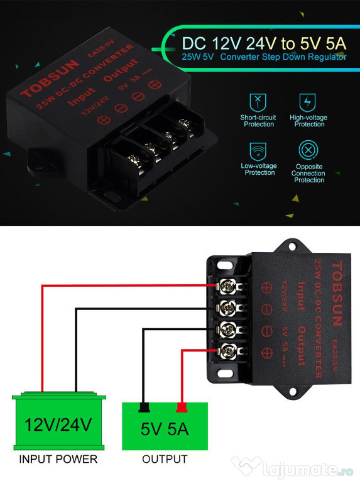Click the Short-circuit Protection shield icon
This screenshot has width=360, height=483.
click(x=258, y=103)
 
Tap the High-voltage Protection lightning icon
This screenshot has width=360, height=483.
click(x=307, y=103)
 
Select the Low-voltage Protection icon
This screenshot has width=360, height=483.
click(x=258, y=151)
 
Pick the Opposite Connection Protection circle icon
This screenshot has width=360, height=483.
click(x=308, y=150)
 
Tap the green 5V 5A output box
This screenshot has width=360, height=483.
click(x=165, y=426)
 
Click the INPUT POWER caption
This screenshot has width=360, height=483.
click(x=58, y=459)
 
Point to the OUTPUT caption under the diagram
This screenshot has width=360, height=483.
click(x=165, y=459)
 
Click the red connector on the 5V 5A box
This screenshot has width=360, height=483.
click(x=182, y=408)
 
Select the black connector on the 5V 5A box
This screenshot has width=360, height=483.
click(x=144, y=408)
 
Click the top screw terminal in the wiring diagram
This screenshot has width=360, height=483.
click(x=229, y=287)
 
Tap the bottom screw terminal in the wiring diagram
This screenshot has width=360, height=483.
click(x=229, y=351)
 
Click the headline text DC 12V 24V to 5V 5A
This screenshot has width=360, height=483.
click(x=264, y=43)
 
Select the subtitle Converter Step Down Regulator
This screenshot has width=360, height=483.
click(x=283, y=57)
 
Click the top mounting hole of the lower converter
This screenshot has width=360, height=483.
click(x=292, y=246)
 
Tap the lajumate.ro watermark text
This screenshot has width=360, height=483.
click(x=308, y=470)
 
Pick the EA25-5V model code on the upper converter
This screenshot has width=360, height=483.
click(x=101, y=48)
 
